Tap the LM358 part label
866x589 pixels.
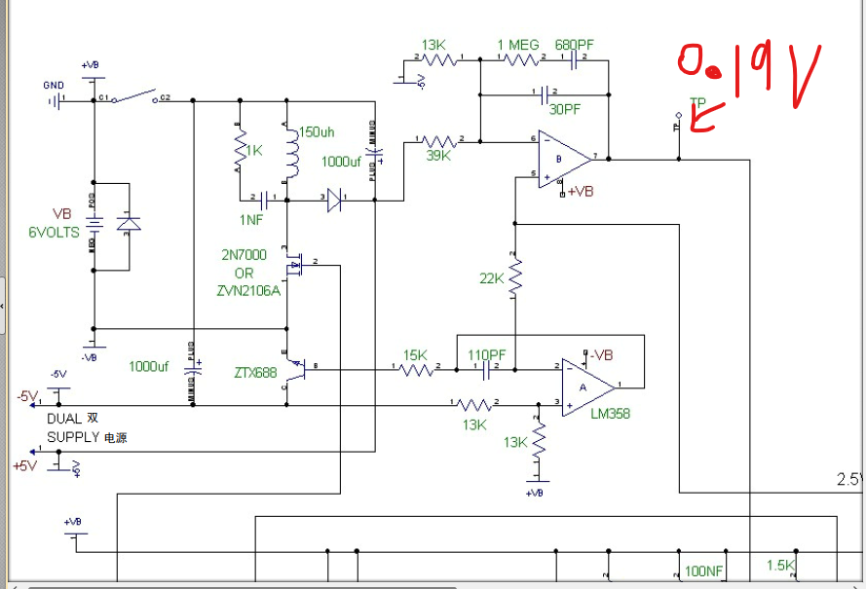tap(610, 414)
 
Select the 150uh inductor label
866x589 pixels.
tap(317, 132)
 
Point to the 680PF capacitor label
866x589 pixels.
tap(574, 45)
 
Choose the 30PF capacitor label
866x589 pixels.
tap(565, 110)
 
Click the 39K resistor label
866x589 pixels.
tap(439, 155)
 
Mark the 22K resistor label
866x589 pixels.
tap(491, 278)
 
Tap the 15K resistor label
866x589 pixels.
tap(416, 355)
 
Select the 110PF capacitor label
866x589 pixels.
tap(487, 355)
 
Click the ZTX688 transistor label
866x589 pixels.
tap(255, 372)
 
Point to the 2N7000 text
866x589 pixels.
tap(244, 255)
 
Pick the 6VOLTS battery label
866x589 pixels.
tap(54, 233)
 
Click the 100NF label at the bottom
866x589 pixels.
tap(703, 571)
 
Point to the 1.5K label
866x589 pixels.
tap(781, 566)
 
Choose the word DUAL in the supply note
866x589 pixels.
tap(64, 419)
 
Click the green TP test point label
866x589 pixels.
tap(697, 102)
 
